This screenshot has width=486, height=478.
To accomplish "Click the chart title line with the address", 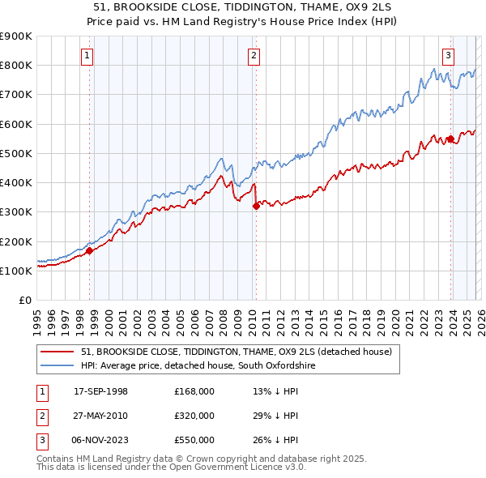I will pos(243,7).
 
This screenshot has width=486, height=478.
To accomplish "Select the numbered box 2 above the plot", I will pos(254,56).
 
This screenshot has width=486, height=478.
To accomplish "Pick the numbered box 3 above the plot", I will pos(448,56).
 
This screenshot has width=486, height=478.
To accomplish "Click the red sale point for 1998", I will pos(90,250).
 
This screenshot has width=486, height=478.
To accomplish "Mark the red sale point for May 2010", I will pos(257,206).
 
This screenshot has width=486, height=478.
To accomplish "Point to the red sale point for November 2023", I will pos(450,139).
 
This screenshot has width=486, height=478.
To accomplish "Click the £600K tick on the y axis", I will pos(16,124).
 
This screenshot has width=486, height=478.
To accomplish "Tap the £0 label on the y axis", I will pos(24,301).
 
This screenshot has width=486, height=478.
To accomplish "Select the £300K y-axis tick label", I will pos(16,212).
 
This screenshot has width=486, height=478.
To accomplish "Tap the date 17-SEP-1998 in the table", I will pos(101,391).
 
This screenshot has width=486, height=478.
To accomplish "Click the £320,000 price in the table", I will pos(194,416).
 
